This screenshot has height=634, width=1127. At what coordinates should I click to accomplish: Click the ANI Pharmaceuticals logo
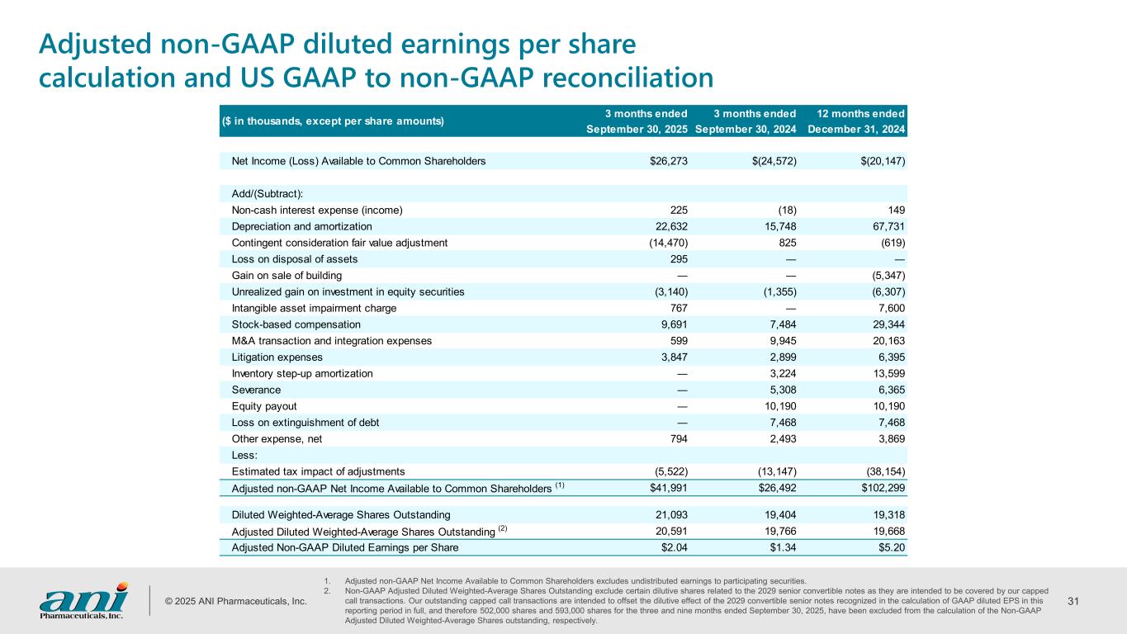83,600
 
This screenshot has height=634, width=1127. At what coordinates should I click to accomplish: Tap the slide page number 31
1074,601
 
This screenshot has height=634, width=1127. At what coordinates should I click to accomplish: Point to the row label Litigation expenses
277,357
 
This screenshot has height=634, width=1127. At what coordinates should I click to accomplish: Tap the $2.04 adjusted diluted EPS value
673,547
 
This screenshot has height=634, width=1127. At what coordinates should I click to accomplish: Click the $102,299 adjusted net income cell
882,488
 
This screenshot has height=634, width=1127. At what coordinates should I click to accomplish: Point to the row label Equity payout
264,406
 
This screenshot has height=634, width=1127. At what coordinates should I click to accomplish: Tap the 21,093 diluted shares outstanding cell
669,514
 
